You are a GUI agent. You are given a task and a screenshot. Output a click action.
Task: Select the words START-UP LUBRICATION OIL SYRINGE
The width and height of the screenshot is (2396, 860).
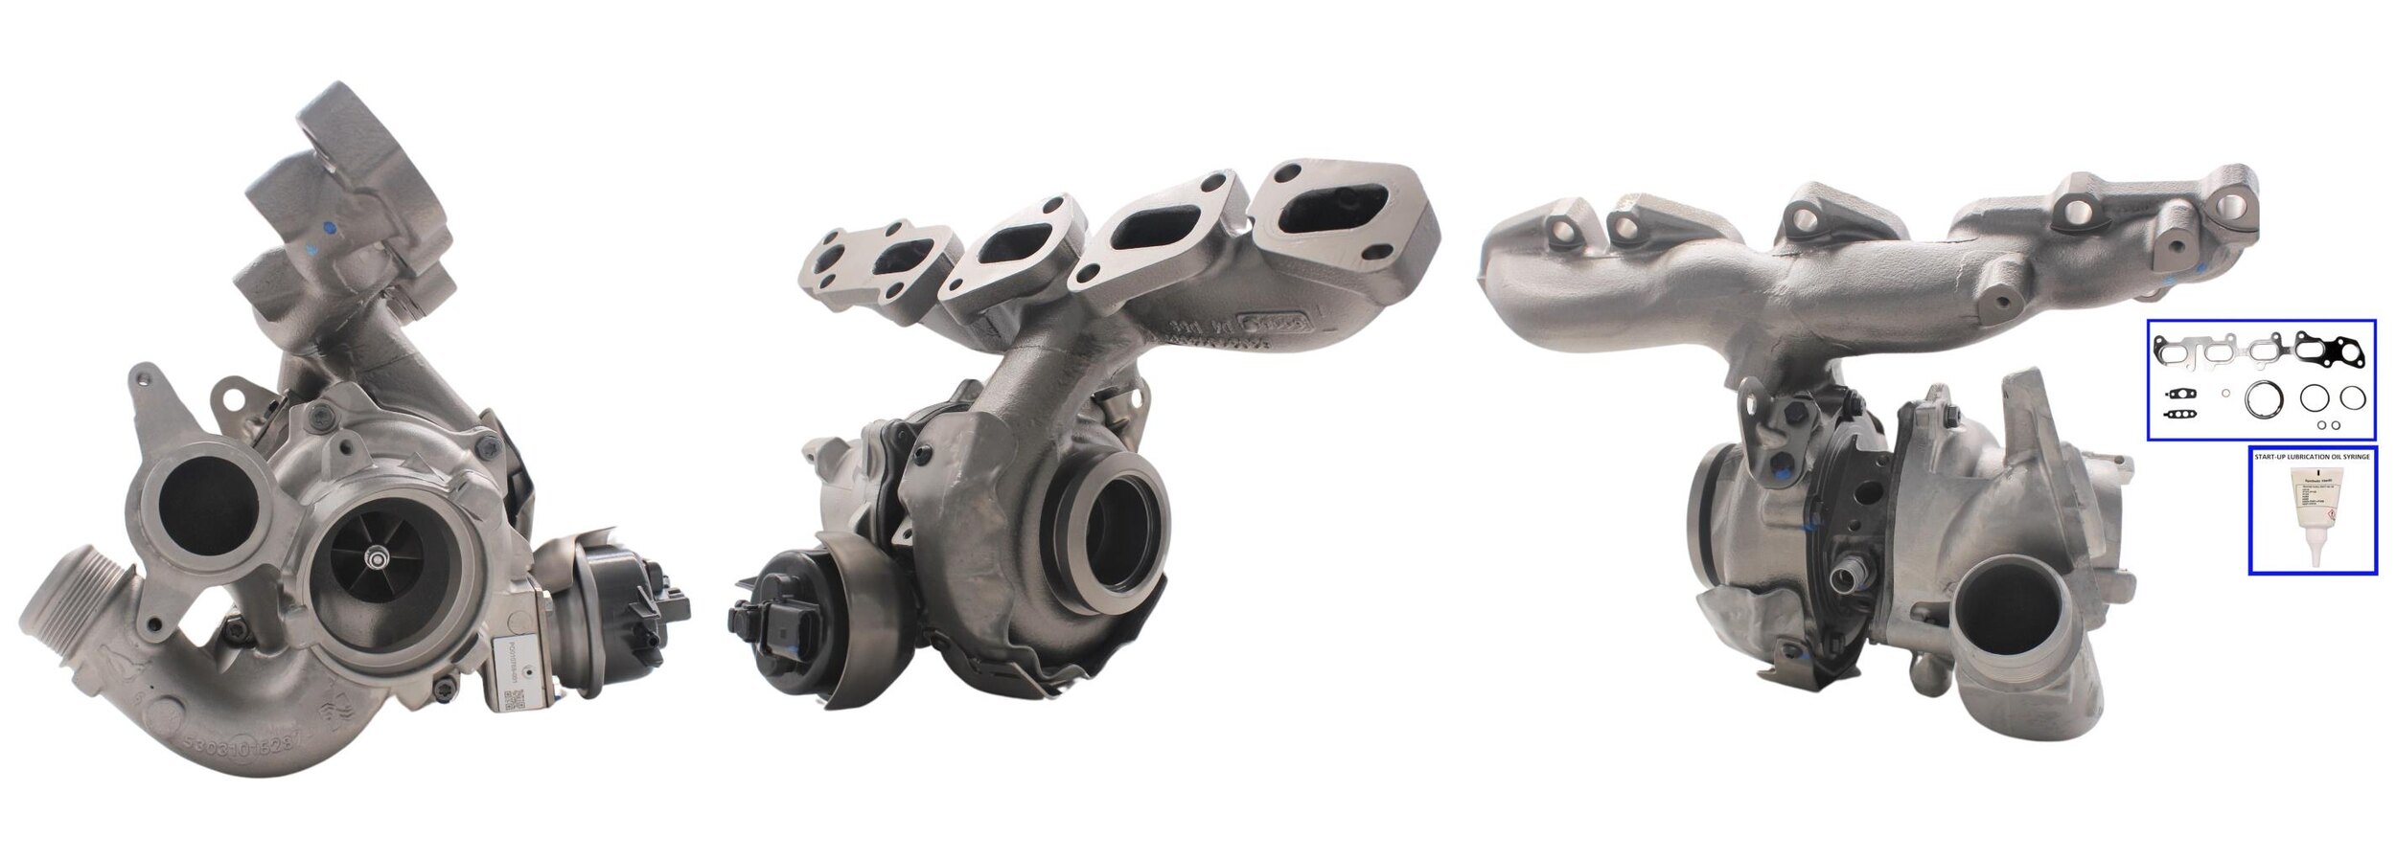(2312, 457)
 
